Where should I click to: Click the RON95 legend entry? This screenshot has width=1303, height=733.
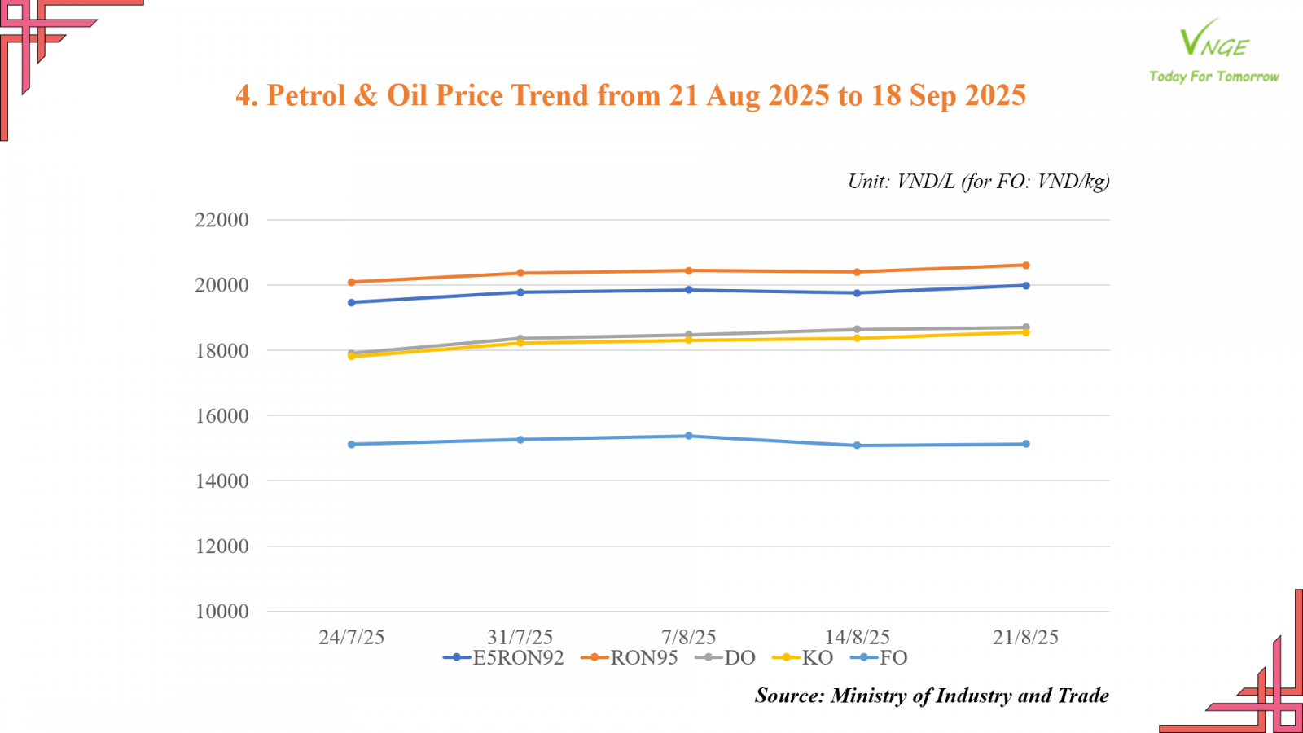pos(629,657)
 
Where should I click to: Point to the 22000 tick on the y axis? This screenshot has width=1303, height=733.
pos(222,220)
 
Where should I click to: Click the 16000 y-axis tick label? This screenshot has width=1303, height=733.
pos(222,416)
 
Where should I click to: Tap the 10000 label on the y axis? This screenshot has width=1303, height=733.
pos(222,612)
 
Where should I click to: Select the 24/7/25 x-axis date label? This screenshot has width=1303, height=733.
pos(351,637)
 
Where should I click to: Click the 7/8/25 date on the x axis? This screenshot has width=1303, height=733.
pos(689,637)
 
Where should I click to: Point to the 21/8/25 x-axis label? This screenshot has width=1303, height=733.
pos(1025,637)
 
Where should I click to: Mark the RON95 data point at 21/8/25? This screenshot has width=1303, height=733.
pos(1026,266)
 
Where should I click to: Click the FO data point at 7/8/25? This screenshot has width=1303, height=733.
pos(689,436)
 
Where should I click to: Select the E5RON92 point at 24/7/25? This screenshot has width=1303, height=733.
pos(352,302)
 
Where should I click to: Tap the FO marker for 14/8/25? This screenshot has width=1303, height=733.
pos(858,446)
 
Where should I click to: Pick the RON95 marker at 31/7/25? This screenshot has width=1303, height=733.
pos(520,273)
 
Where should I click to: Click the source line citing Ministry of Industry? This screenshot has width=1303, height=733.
pos(932,696)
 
